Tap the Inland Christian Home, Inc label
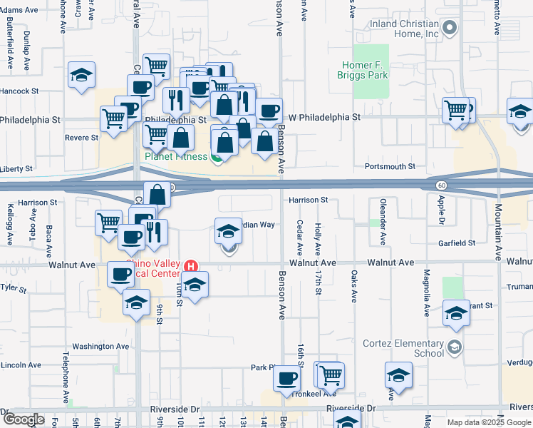(403, 29)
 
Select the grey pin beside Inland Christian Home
(449, 29)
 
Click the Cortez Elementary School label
(409, 347)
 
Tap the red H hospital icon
(191, 266)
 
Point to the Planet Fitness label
(177, 156)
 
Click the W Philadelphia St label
(325, 116)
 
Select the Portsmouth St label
(390, 166)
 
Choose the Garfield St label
(457, 243)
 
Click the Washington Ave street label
(100, 347)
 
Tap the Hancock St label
(19, 91)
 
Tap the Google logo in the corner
(24, 419)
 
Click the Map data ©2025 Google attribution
(488, 422)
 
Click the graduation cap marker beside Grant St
(456, 312)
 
